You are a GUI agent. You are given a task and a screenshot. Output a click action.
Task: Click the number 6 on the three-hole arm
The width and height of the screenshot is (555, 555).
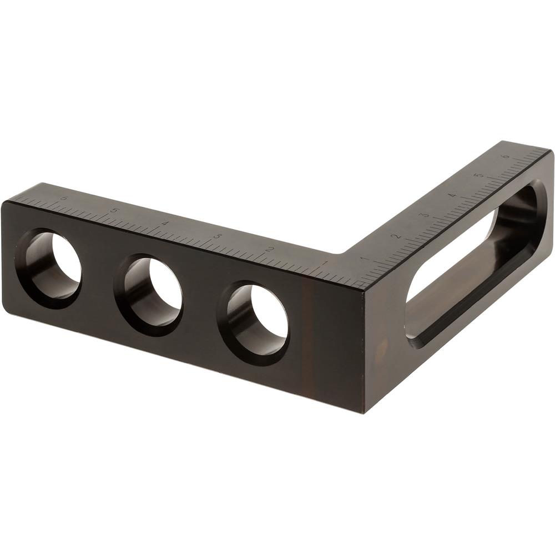pos(64,198)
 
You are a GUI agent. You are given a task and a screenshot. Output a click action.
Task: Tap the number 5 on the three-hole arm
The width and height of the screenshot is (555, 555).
pos(114,211)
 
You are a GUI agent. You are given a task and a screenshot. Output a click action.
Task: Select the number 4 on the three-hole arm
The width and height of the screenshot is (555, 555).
pos(165,223)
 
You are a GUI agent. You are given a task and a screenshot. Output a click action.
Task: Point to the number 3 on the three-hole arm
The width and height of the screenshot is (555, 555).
pos(217,236)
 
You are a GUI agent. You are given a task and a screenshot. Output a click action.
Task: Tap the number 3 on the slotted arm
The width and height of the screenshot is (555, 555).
pos(426,215)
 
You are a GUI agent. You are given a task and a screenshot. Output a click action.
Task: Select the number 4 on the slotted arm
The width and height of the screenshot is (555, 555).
pos(453,196)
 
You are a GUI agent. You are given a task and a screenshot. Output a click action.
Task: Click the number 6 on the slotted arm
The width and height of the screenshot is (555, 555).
pos(505,157)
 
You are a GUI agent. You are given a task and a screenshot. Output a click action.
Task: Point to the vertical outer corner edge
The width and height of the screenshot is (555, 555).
pos(365,350)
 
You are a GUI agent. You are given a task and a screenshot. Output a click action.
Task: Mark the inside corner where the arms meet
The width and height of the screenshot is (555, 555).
pos(345,256)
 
